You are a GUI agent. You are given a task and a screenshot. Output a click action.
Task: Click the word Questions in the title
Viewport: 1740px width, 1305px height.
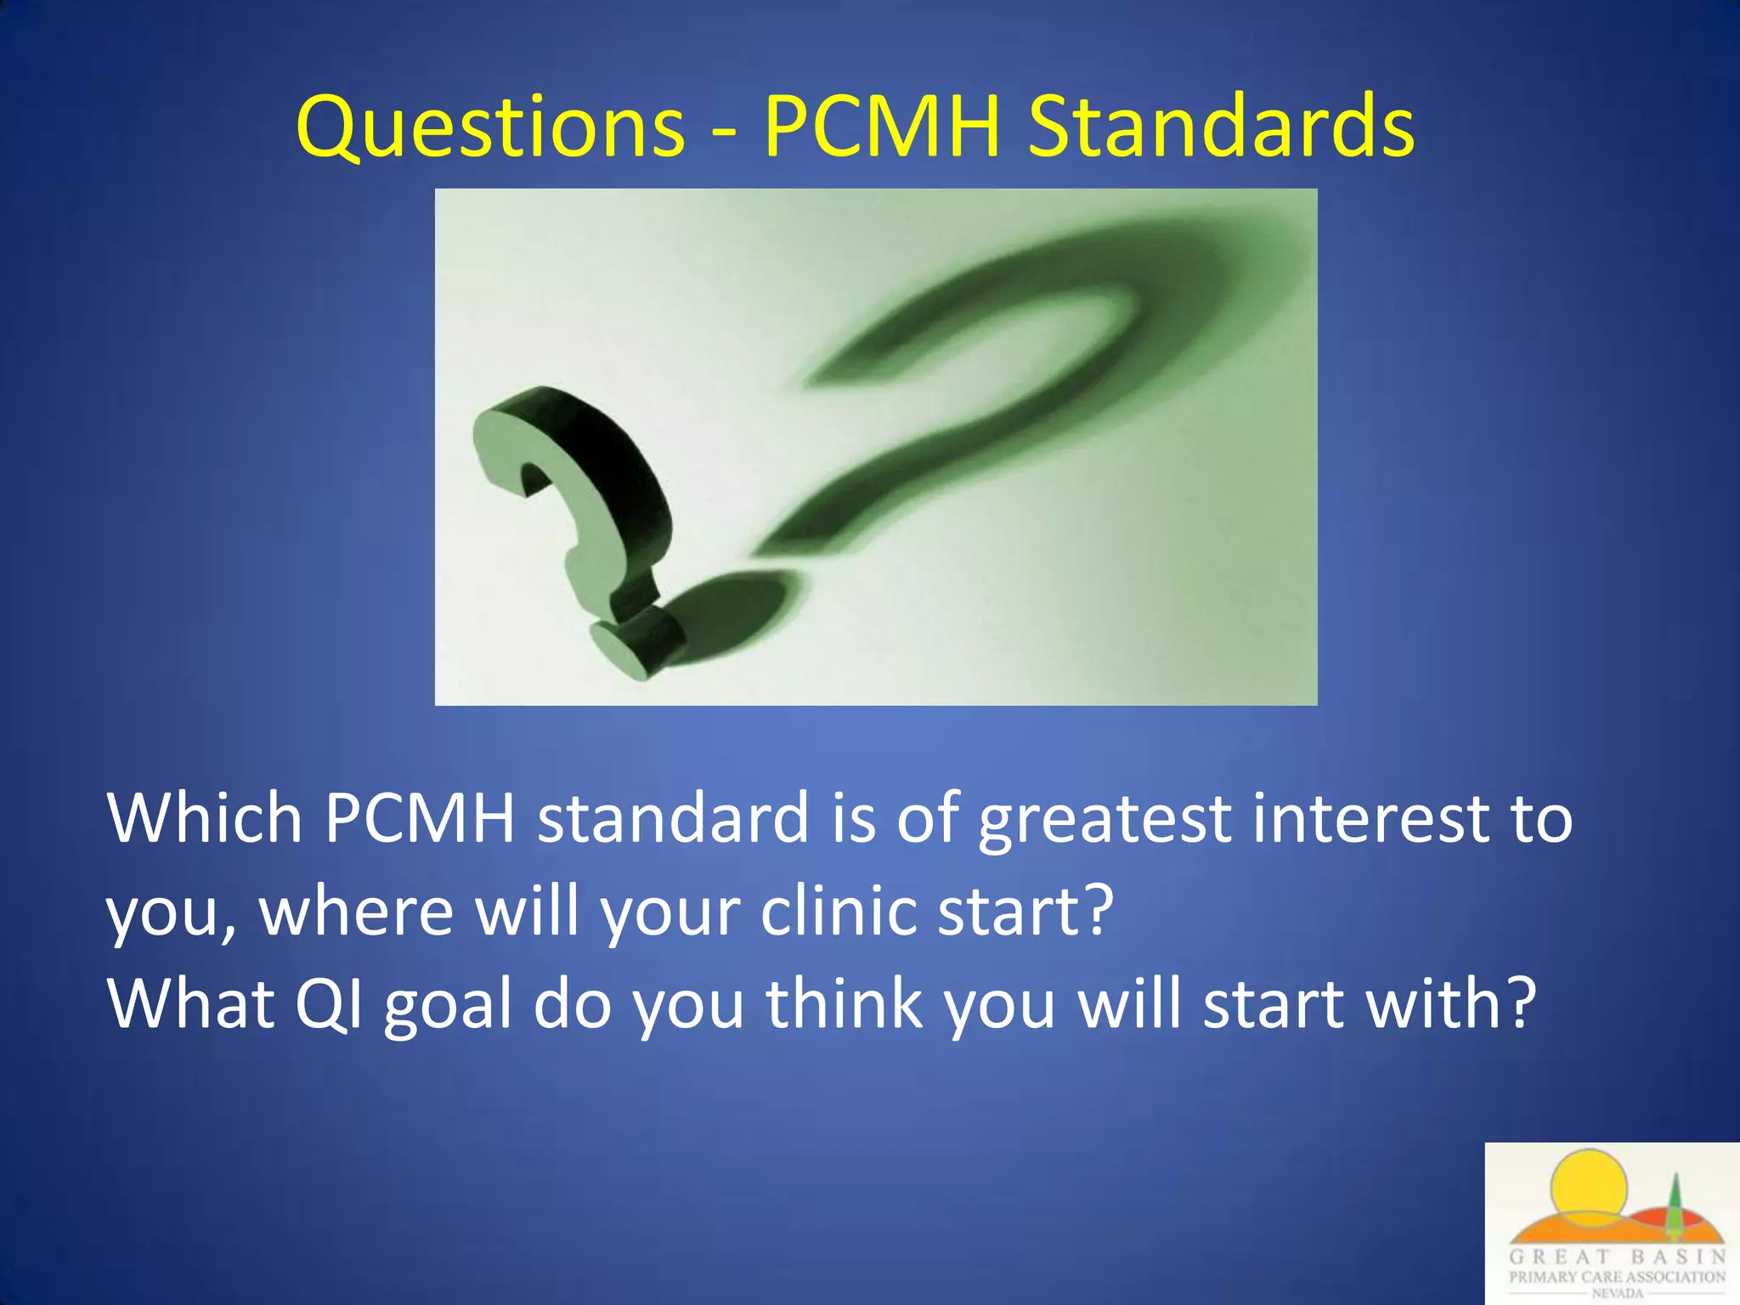tap(490, 127)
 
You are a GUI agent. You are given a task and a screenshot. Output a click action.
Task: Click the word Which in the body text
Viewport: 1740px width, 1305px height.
tap(205, 817)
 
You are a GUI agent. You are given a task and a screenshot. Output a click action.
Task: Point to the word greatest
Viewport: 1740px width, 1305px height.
tap(1104, 819)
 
